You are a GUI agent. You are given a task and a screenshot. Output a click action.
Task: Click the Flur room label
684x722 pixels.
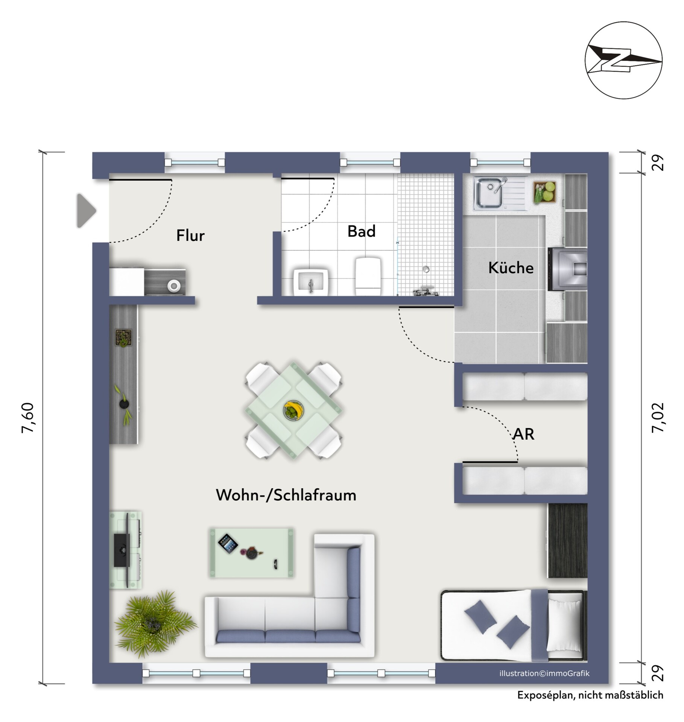click(x=190, y=236)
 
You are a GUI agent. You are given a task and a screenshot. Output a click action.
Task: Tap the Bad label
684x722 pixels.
click(x=361, y=231)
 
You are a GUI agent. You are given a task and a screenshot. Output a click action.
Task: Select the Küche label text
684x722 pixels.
click(x=511, y=268)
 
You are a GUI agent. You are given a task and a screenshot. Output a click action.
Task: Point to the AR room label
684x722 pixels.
click(x=523, y=434)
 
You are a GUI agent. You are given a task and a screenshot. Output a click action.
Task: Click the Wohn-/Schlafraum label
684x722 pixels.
click(x=286, y=495)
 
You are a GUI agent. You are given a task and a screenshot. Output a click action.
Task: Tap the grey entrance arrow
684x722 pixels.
click(x=87, y=211)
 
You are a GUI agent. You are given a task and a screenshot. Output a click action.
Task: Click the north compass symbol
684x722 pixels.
click(x=623, y=60)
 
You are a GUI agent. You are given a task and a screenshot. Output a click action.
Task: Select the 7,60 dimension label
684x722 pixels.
click(x=29, y=418)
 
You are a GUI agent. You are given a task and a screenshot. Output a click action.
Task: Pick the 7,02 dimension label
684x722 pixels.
click(x=658, y=418)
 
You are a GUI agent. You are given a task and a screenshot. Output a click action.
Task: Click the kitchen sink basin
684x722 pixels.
click(x=488, y=193)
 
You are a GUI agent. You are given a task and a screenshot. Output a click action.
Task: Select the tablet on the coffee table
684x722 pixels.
click(x=228, y=544)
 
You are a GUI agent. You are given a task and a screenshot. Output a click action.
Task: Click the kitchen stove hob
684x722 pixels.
click(x=567, y=269)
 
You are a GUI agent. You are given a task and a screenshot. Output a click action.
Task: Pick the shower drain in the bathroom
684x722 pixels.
click(x=426, y=269)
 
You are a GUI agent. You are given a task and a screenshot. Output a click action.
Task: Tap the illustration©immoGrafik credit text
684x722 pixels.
click(x=544, y=673)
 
